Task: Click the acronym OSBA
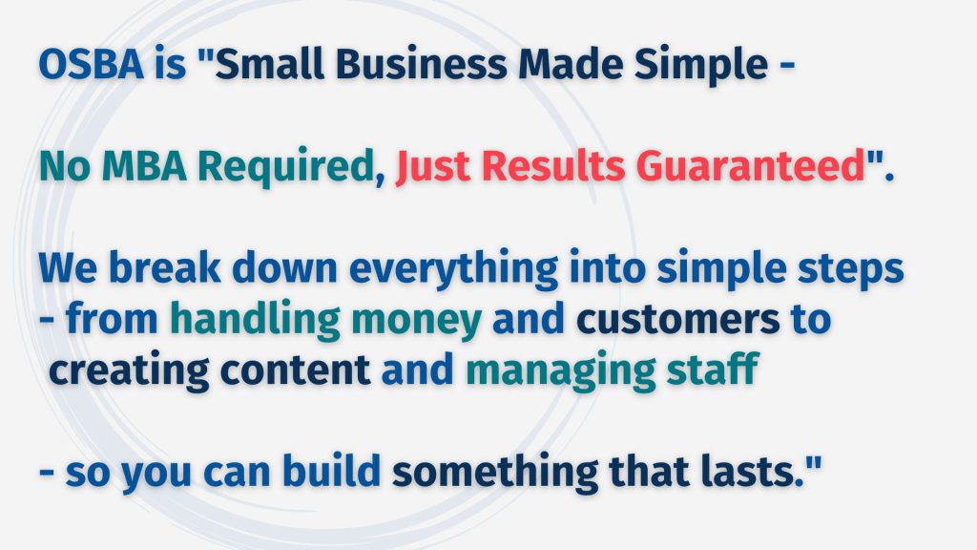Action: coord(92,64)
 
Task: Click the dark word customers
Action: coord(678,320)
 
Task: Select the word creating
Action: coord(129,372)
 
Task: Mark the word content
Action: coord(296,370)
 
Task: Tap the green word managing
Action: coord(561,372)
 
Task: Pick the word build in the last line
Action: coord(331,471)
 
